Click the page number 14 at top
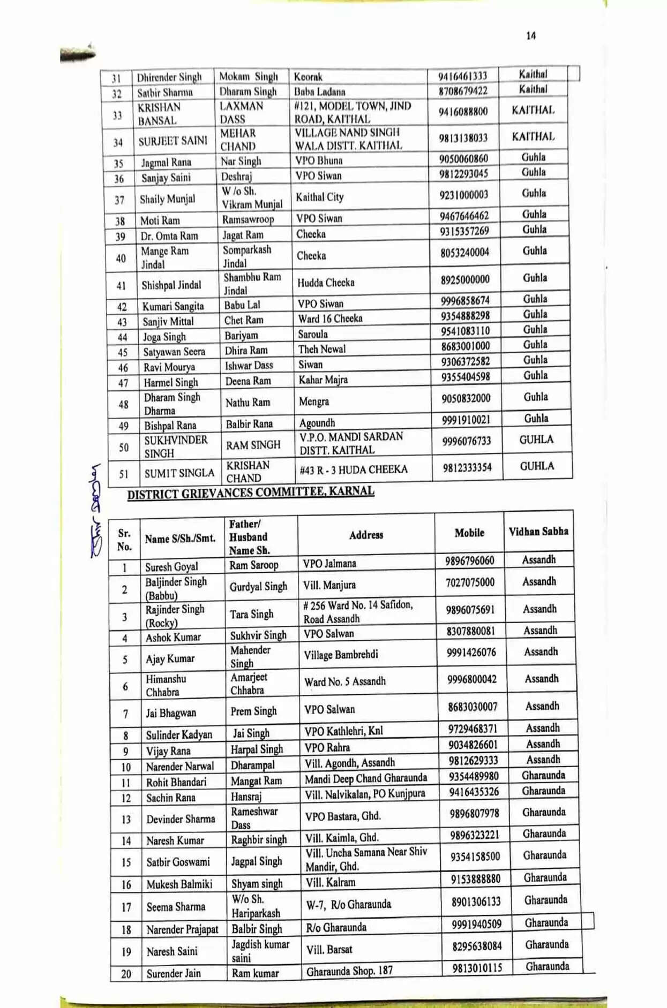click(x=530, y=36)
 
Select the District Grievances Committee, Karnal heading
click(x=251, y=492)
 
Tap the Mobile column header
click(x=469, y=533)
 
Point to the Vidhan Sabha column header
click(x=538, y=532)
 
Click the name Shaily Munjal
click(x=167, y=199)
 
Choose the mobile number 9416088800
click(x=463, y=112)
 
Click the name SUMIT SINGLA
click(x=179, y=473)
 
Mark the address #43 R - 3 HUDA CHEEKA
click(x=354, y=469)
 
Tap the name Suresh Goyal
click(x=171, y=566)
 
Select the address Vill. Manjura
click(x=329, y=585)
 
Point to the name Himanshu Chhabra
click(x=166, y=685)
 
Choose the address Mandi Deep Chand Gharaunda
click(x=366, y=778)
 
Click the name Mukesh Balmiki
click(x=179, y=884)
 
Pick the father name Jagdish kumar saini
click(x=260, y=951)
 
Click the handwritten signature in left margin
click(x=96, y=511)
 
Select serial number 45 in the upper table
click(x=123, y=352)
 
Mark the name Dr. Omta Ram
click(x=169, y=236)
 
